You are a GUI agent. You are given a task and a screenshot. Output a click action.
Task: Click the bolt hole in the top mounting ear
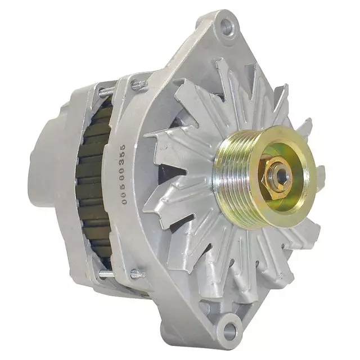point(227,25)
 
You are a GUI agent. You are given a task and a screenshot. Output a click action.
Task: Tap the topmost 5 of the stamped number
point(123,147)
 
